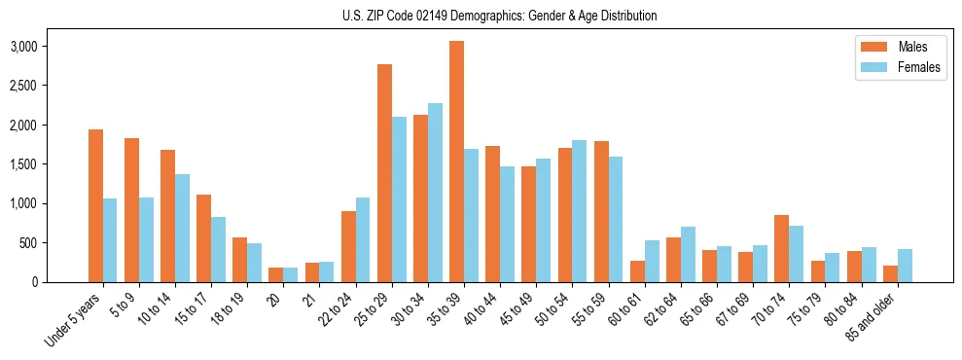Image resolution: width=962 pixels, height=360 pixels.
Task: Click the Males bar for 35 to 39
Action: click(x=456, y=162)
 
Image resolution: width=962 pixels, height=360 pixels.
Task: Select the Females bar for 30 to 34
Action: click(x=435, y=193)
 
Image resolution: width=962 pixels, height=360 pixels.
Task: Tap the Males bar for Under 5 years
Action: click(x=95, y=205)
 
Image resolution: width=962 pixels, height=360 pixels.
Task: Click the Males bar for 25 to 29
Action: click(x=384, y=173)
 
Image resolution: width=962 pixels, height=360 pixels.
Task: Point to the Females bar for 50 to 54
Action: click(x=579, y=211)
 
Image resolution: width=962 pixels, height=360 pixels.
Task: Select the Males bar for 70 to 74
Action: click(x=781, y=248)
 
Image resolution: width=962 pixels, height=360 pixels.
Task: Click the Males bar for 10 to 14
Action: click(x=167, y=216)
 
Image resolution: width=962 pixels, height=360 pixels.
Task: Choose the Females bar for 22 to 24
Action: click(x=363, y=239)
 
